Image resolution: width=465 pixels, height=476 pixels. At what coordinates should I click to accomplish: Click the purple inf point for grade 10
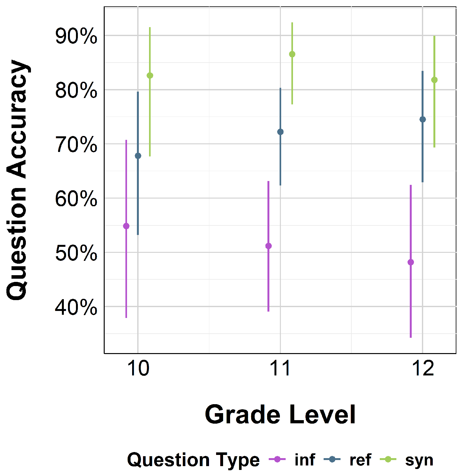(126, 226)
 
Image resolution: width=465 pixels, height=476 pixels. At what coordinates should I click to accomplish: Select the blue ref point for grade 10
(138, 156)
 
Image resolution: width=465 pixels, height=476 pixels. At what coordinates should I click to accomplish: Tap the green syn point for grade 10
(150, 75)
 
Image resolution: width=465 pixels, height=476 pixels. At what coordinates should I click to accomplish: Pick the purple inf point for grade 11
(268, 246)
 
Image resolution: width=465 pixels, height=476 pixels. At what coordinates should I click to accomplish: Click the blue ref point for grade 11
(280, 132)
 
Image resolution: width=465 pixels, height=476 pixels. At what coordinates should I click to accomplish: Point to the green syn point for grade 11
(292, 54)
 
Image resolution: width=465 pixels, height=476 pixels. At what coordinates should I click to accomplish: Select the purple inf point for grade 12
(411, 262)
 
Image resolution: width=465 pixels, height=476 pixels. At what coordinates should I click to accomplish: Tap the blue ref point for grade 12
(423, 119)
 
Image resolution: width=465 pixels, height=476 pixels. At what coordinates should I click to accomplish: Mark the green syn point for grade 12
(434, 80)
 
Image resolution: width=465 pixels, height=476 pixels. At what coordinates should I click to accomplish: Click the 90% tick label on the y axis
(76, 36)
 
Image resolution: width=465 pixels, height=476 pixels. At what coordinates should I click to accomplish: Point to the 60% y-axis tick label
(76, 199)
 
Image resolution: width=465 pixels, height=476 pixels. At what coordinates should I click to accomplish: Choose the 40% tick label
(76, 307)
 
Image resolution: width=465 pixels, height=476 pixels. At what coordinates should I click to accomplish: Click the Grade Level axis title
(280, 414)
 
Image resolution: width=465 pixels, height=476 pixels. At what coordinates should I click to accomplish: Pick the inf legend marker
(277, 459)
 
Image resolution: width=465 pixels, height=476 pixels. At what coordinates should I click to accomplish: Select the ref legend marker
(332, 459)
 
